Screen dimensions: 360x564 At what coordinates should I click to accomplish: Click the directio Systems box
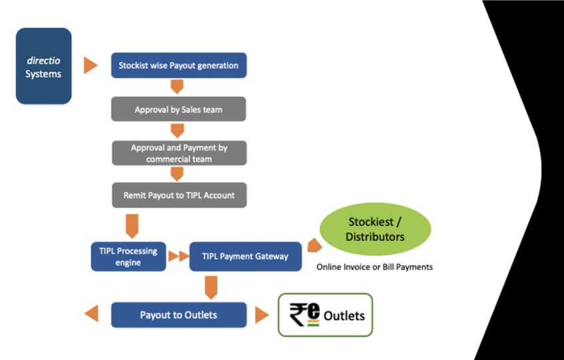43,66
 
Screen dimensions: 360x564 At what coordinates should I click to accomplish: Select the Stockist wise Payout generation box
179,65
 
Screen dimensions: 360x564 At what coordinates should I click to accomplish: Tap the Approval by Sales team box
178,109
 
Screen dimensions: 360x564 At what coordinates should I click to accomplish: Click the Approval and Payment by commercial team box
179,153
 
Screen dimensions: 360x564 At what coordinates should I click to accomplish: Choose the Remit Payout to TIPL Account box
179,195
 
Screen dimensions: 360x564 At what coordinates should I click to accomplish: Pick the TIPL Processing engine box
128,257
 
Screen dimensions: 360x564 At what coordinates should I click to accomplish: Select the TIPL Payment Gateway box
245,257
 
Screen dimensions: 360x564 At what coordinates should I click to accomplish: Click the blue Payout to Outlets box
179,315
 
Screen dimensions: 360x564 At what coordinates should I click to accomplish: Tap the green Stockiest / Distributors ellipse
375,229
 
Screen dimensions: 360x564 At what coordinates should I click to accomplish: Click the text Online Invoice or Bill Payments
374,267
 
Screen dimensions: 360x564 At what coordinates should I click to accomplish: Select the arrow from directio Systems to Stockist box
91,65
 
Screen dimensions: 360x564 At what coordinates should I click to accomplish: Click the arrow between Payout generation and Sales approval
177,87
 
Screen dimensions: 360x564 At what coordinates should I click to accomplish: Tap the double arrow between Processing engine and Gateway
178,257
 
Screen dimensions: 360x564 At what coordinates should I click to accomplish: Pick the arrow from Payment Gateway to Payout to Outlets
211,287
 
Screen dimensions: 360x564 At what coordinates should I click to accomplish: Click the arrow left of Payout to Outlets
91,314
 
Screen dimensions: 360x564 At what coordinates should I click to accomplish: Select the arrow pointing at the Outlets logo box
262,315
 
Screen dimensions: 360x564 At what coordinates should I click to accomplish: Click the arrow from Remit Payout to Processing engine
132,225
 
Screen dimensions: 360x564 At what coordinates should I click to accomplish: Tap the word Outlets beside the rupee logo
344,315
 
